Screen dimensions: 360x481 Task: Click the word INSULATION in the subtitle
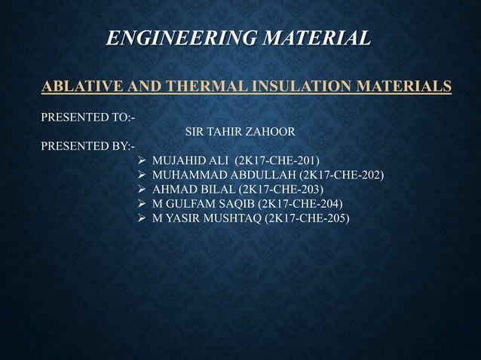(290, 86)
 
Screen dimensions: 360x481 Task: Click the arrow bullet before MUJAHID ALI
(141, 161)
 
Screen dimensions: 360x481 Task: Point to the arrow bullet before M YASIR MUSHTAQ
(141, 218)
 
